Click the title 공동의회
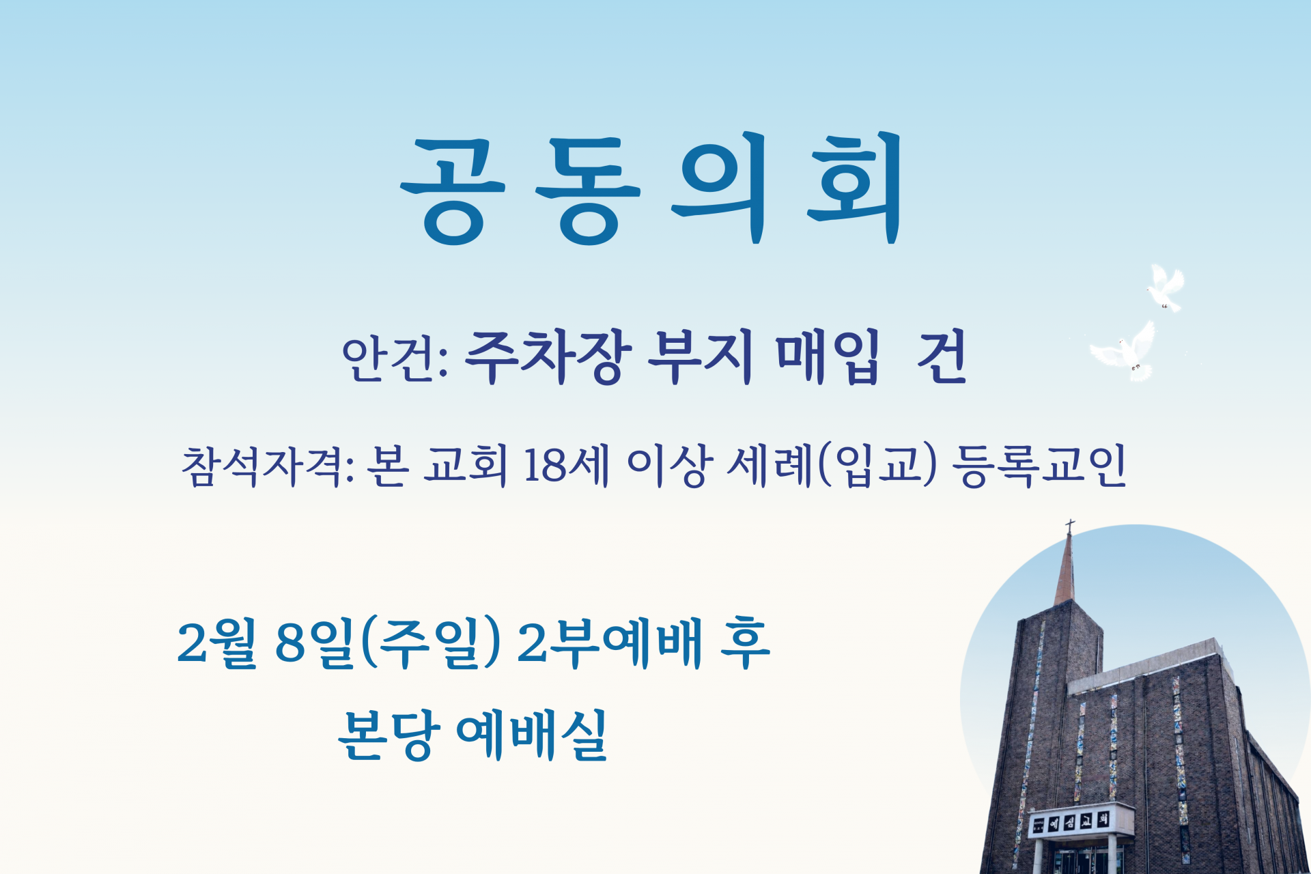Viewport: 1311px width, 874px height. (652, 188)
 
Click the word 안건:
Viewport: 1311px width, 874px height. (394, 358)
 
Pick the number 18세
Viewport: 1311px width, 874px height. (566, 466)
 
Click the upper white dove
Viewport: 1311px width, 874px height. (1165, 287)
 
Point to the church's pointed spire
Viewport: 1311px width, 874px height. (1066, 574)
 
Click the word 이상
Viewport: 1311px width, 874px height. (669, 466)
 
